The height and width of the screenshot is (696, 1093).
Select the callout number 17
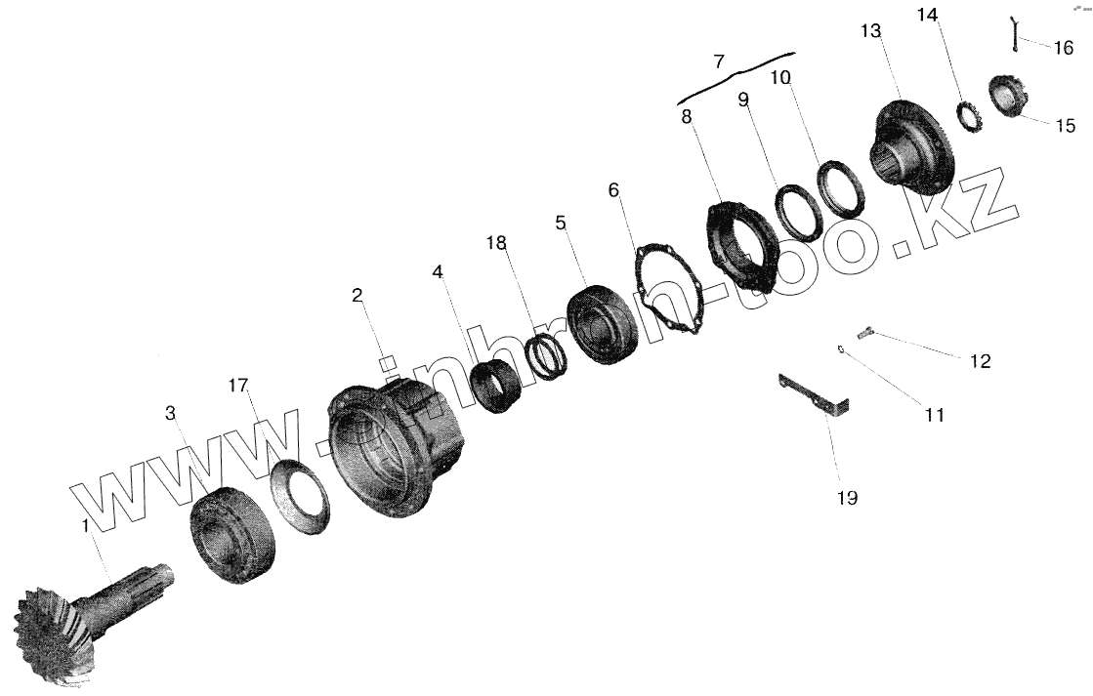[237, 386]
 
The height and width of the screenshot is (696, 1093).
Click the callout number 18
[496, 242]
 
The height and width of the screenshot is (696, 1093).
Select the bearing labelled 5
[604, 323]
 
